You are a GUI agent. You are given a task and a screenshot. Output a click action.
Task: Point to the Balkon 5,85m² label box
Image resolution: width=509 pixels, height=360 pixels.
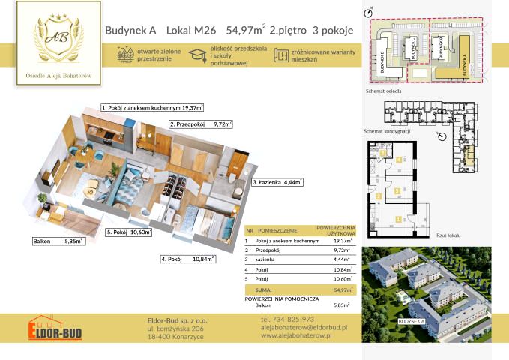tap(58, 241)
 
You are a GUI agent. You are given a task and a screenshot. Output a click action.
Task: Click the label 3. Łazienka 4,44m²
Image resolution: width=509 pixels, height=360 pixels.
tap(277, 182)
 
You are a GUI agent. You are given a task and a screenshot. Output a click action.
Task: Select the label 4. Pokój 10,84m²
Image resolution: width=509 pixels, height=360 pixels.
tap(187, 259)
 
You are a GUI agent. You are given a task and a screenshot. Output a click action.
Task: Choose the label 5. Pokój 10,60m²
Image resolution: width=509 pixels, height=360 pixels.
tap(129, 232)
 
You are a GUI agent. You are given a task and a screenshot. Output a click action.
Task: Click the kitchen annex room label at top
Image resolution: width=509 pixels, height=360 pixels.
tap(152, 108)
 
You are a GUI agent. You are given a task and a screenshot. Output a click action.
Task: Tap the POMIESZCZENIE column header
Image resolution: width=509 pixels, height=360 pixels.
tap(277, 230)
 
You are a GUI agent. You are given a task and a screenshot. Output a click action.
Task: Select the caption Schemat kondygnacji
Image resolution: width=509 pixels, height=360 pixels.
tap(386, 131)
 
